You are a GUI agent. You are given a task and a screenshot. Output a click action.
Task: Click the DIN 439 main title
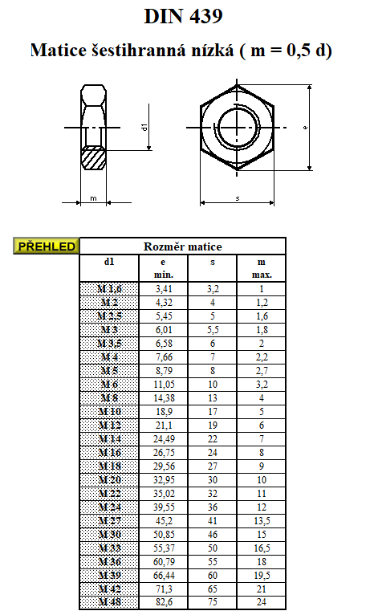point(184,17)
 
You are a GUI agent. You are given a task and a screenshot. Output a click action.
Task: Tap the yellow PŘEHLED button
point(47,246)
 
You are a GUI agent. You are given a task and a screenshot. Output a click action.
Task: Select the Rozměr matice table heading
point(183,246)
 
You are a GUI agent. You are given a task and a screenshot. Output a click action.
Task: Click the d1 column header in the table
point(109,262)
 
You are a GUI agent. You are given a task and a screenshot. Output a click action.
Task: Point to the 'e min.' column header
point(164,268)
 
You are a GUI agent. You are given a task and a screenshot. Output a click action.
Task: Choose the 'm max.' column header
point(262,268)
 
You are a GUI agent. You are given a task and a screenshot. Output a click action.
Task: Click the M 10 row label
point(110,412)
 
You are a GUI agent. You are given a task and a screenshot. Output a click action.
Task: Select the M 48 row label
point(110,602)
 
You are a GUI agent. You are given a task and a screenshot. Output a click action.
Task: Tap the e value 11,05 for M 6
point(164,385)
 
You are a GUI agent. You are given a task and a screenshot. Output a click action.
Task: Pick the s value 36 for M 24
point(213,507)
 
